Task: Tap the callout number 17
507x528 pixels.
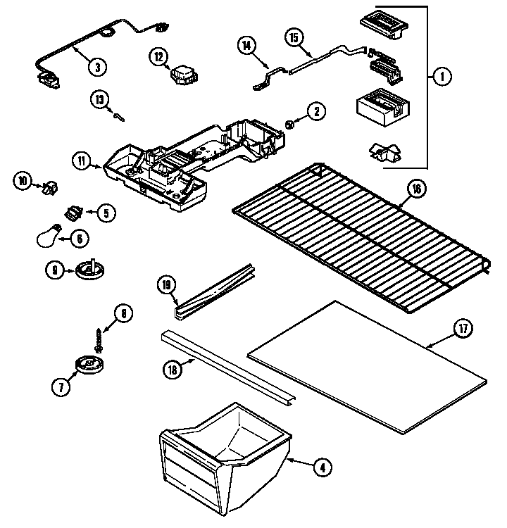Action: point(461,330)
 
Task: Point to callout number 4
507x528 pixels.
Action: point(322,465)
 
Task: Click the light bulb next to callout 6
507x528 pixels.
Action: point(49,237)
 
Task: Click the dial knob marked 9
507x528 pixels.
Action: point(88,268)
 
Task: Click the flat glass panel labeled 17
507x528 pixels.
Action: point(366,366)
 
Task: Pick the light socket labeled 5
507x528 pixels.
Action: point(73,210)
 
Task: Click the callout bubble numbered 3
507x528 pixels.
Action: point(97,67)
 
